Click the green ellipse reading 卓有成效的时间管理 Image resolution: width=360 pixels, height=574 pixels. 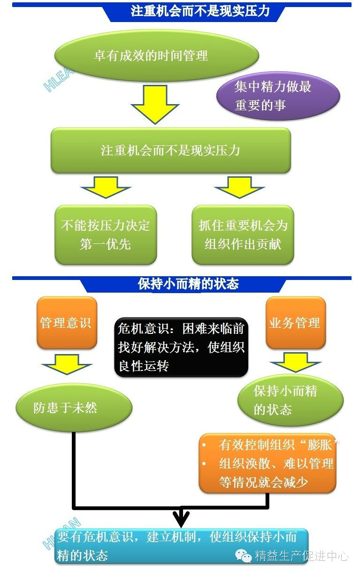(157, 56)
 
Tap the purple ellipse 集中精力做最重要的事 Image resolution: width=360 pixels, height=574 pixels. (278, 96)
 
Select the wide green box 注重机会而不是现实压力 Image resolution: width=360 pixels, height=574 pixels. (171, 151)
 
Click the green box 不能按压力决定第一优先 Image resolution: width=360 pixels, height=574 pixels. (106, 234)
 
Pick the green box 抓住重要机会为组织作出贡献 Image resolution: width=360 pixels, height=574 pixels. (243, 234)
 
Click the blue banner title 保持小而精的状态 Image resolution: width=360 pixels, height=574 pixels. (188, 284)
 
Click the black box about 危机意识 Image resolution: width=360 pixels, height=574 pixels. (181, 347)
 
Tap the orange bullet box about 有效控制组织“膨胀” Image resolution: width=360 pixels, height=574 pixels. (268, 463)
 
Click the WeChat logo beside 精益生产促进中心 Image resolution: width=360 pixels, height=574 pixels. (244, 556)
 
